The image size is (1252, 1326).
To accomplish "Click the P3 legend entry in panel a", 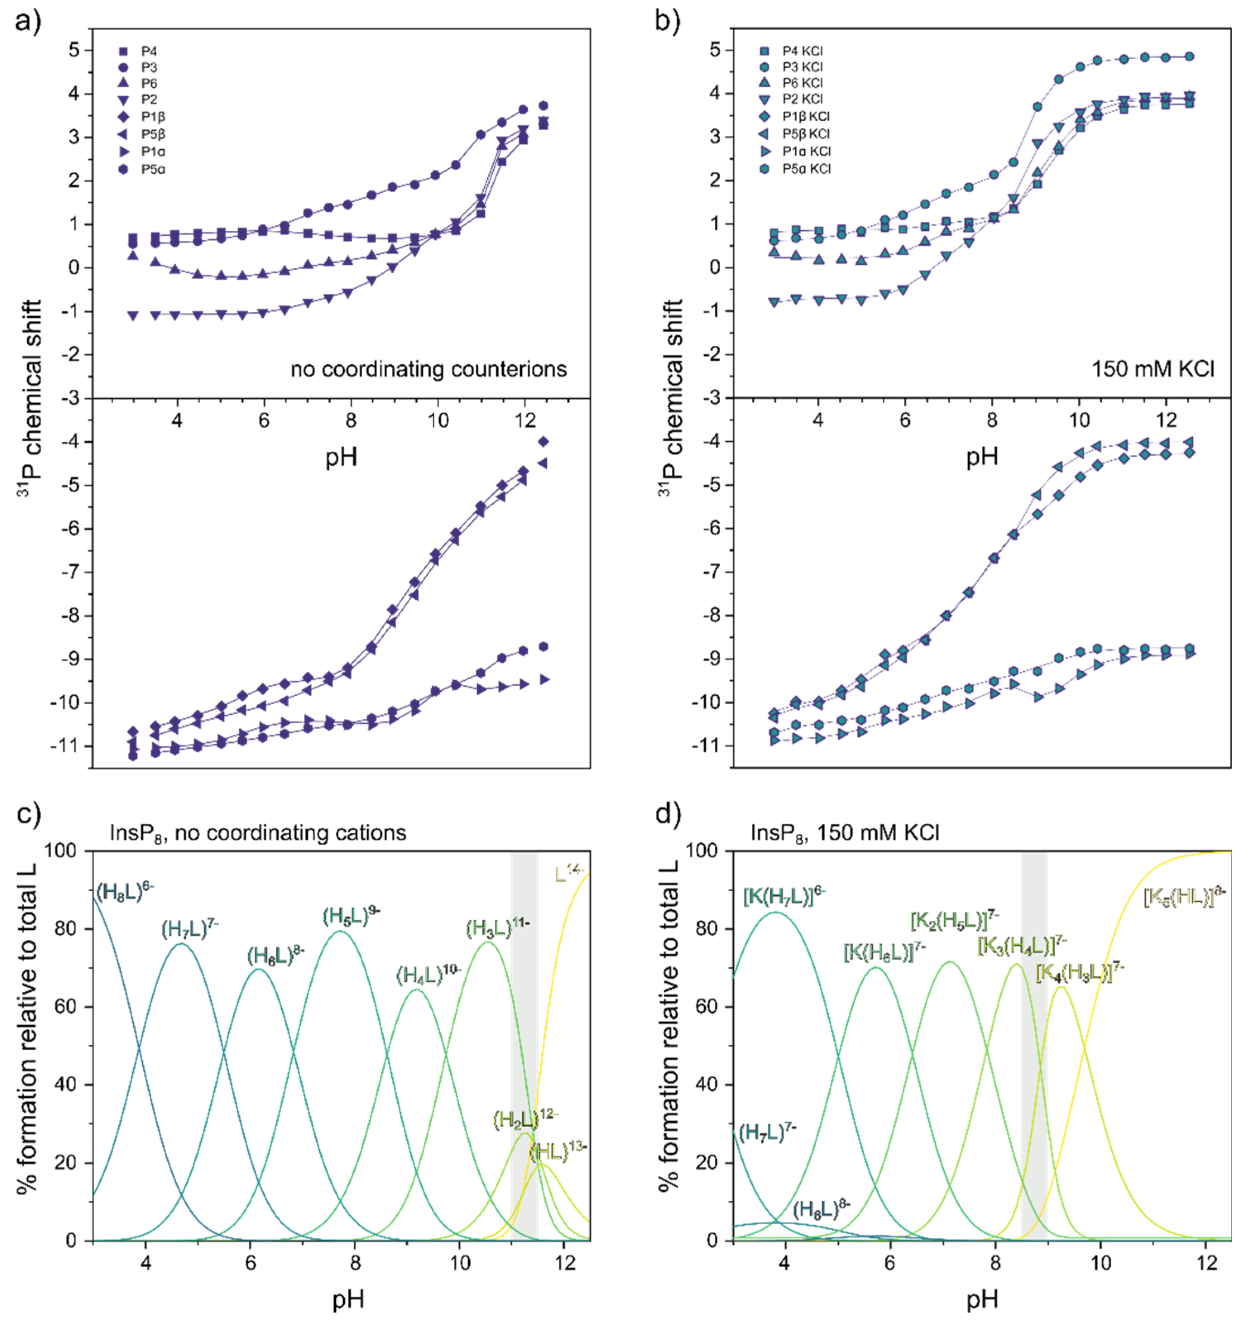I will pos(148,67).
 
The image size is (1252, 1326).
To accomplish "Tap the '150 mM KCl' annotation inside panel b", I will pos(1153,369).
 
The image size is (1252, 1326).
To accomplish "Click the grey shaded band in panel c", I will pos(524,1041).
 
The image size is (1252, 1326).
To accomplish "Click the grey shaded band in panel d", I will pos(1033,1041).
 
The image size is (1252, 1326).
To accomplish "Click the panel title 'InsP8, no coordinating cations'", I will pos(258,833).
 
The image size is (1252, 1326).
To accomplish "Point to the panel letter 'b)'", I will pos(668,22).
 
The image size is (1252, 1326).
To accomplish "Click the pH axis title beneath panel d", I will pos(982,1299).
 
